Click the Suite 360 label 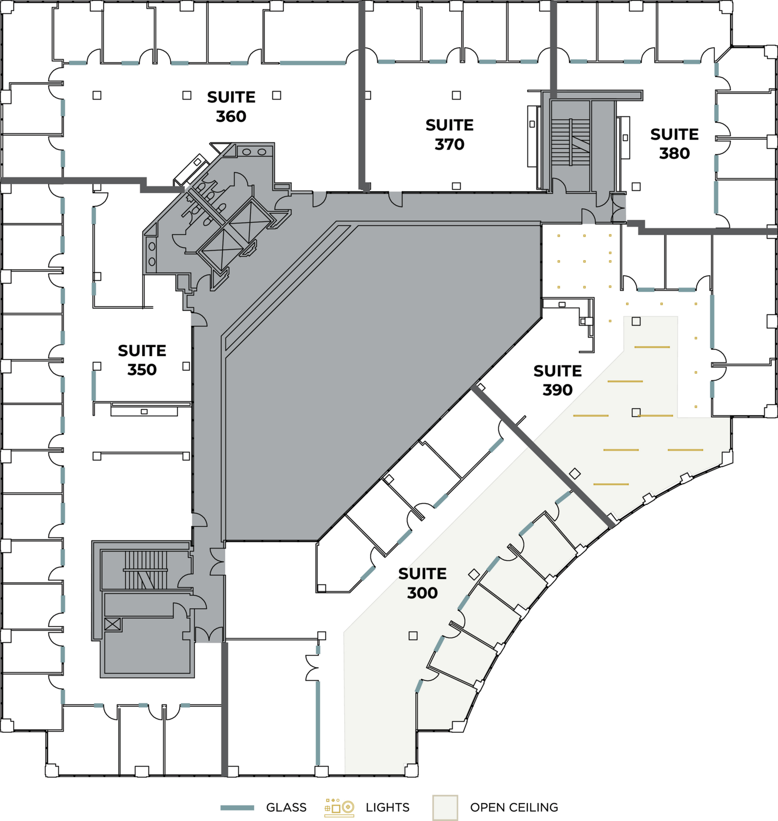coord(231,107)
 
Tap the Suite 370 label coord(450,135)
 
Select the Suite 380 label coord(674,144)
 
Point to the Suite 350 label coord(142,360)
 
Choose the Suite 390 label coord(558,380)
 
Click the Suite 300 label coord(422,583)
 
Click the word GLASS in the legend coord(286,808)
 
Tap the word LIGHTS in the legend coord(387,808)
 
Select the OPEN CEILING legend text coord(514,808)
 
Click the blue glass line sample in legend coord(237,808)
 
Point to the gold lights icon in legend coord(339,807)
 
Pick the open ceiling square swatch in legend coord(445,808)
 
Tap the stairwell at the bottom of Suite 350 coord(146,570)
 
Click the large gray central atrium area coord(380,380)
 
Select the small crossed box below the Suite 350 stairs coord(112,624)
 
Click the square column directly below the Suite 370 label coord(456,186)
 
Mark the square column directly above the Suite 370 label coord(456,95)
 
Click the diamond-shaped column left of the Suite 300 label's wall coord(474,574)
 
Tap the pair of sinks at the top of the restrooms coord(254,152)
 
